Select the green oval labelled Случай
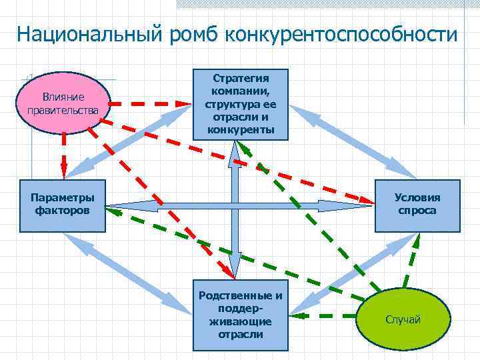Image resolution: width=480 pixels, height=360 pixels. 403,319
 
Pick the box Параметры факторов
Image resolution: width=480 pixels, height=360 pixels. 63,205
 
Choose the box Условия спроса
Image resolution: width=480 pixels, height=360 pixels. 417,205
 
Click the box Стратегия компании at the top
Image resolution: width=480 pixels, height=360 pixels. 241,104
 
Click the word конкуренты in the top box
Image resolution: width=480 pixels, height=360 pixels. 241,129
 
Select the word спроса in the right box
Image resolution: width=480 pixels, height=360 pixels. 417,211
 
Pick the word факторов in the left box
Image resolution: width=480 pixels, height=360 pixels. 63,211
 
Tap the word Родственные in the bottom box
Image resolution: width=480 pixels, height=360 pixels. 241,296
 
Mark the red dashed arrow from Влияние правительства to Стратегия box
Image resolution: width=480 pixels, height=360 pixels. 150,104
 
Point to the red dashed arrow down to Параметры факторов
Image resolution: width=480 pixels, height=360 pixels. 64,153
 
